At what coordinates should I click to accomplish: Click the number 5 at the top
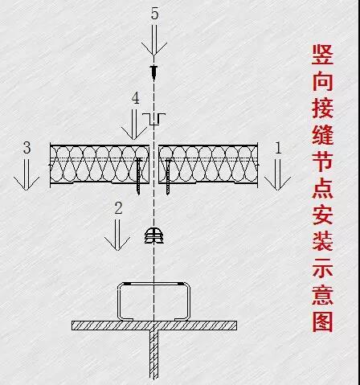click(x=154, y=14)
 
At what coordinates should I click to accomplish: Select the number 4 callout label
click(x=136, y=98)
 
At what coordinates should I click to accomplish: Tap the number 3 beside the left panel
click(x=27, y=148)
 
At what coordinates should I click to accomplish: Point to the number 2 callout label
click(x=118, y=208)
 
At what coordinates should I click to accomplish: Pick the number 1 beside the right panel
click(x=279, y=148)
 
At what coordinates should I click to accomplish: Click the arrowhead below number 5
click(x=154, y=49)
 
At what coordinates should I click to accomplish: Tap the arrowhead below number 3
click(x=27, y=183)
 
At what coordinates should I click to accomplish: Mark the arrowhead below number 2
click(x=117, y=244)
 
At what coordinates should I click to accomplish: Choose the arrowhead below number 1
click(x=277, y=183)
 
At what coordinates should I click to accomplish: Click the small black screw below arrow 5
click(x=154, y=72)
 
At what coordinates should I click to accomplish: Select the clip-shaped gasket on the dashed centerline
click(x=154, y=236)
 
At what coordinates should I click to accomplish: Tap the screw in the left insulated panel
click(x=139, y=176)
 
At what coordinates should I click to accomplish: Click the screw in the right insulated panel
click(x=168, y=176)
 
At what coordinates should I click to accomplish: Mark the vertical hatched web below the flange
click(x=153, y=354)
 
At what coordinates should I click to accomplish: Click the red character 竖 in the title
click(x=322, y=55)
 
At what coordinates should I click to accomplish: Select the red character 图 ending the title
click(x=322, y=322)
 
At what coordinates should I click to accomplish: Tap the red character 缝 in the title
click(x=322, y=134)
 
